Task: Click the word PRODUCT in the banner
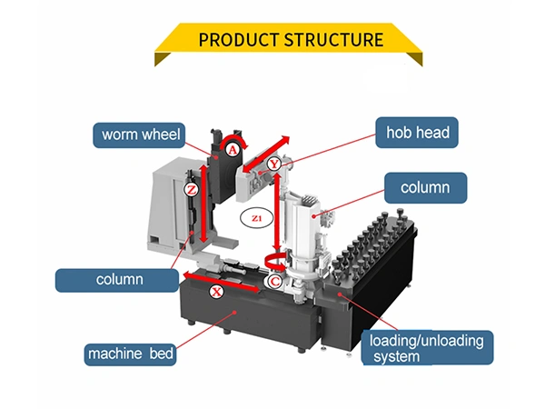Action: coord(232,40)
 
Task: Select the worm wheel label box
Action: coord(138,135)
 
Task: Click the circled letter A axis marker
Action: coord(233,148)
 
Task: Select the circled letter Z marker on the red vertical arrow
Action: coord(191,190)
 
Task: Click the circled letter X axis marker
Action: coord(216,293)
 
